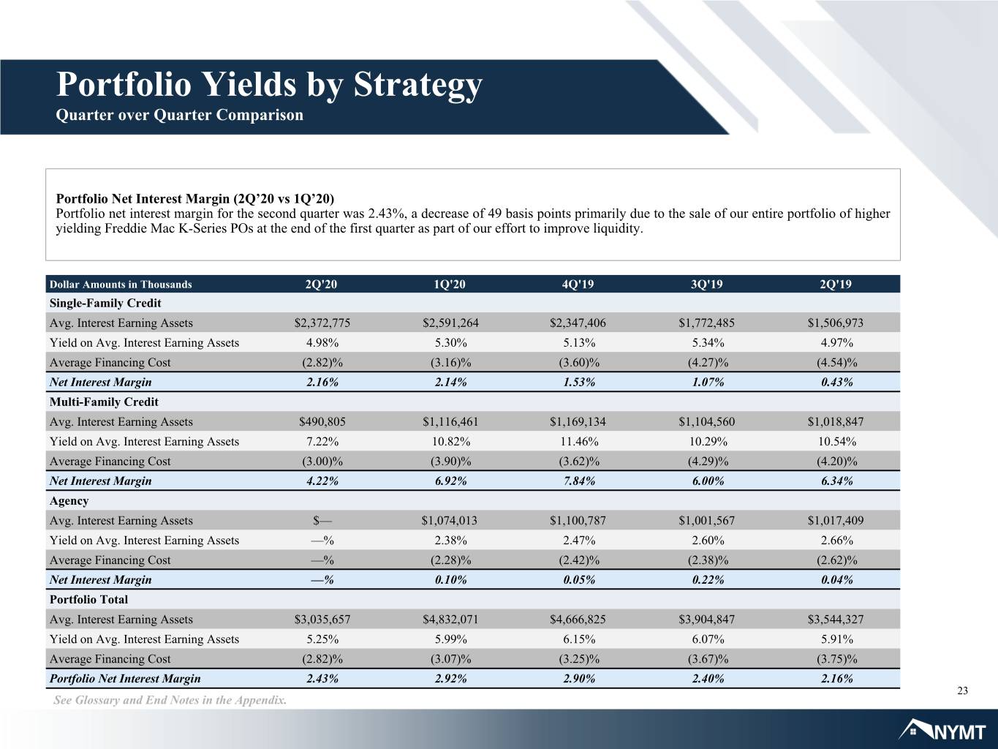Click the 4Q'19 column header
pyautogui.click(x=578, y=285)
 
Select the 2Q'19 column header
pyautogui.click(x=836, y=285)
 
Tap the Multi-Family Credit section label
pyautogui.click(x=104, y=402)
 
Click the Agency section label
pyautogui.click(x=69, y=501)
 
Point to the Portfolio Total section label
pyautogui.click(x=88, y=599)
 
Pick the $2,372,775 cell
pyautogui.click(x=322, y=323)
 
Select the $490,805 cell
pyautogui.click(x=322, y=421)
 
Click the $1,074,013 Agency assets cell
pyautogui.click(x=450, y=520)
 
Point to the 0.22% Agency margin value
pyautogui.click(x=708, y=580)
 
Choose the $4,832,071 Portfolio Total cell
pyautogui.click(x=450, y=620)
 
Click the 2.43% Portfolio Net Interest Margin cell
pyautogui.click(x=322, y=679)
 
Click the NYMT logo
pyautogui.click(x=942, y=731)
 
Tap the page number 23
pyautogui.click(x=962, y=690)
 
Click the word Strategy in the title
pyautogui.click(x=417, y=86)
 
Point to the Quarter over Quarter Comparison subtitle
pyautogui.click(x=180, y=115)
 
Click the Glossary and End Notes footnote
pyautogui.click(x=170, y=700)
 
